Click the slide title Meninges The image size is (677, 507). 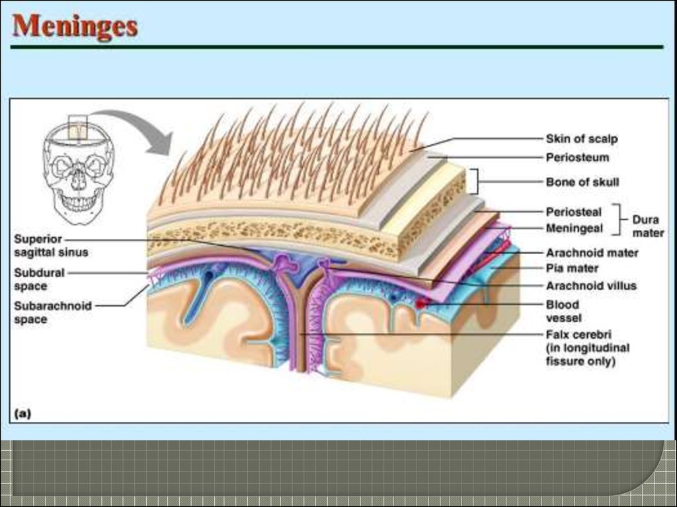tap(75, 26)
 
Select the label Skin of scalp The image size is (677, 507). tap(582, 139)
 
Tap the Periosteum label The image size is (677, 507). tap(577, 158)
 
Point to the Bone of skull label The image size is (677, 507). tap(582, 182)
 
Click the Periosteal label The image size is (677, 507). tap(574, 212)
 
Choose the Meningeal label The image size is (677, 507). tap(574, 228)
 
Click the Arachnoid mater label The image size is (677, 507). tap(592, 252)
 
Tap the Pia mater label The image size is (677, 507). tap(572, 269)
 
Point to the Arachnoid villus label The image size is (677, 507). tap(590, 286)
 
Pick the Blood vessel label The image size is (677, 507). tap(563, 311)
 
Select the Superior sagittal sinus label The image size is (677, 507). tap(50, 245)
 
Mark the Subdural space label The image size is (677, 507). tap(39, 279)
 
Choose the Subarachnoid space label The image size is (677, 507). tap(52, 312)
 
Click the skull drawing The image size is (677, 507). tap(78, 172)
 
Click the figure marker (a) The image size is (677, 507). tap(22, 414)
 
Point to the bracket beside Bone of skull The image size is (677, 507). tap(475, 181)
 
